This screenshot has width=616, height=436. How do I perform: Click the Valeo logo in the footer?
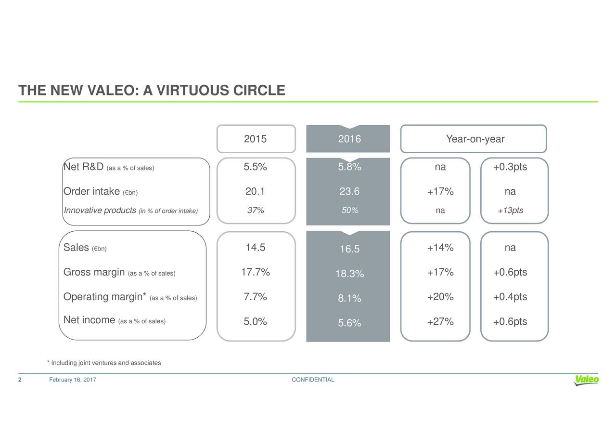(x=586, y=380)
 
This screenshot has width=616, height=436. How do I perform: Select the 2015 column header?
(x=255, y=139)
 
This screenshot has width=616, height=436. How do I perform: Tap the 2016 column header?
(x=349, y=139)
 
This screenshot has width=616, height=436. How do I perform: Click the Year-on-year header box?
(x=475, y=139)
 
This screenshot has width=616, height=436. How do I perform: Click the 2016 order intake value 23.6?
(x=349, y=192)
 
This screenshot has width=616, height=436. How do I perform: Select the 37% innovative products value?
(x=255, y=211)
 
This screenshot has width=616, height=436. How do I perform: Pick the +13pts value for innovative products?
(x=510, y=211)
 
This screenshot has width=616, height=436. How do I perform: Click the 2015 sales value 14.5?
(x=255, y=248)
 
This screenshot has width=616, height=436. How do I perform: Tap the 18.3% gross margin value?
(x=349, y=274)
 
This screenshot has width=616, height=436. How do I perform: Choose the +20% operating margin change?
(x=440, y=297)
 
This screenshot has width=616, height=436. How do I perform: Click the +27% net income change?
(x=440, y=322)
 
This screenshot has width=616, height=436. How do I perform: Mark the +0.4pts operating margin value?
(x=510, y=297)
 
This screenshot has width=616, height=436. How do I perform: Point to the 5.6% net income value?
(x=349, y=324)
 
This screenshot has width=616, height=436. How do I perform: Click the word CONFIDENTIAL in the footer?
(x=313, y=380)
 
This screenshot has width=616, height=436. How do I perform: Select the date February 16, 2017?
(x=73, y=380)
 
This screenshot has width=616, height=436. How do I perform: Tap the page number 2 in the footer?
(x=20, y=380)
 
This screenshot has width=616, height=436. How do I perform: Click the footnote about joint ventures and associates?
(x=104, y=363)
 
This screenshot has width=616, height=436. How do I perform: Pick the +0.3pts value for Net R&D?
(x=510, y=167)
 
